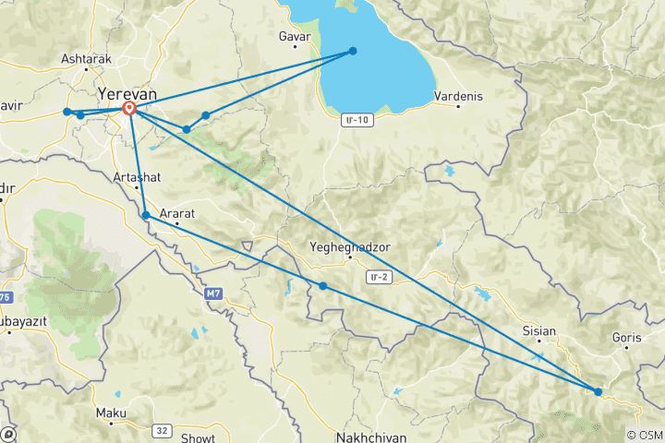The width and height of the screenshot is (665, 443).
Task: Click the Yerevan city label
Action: click(x=127, y=94)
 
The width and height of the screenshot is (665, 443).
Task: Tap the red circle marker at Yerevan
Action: click(x=130, y=109)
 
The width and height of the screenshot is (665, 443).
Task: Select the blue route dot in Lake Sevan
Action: click(x=353, y=51)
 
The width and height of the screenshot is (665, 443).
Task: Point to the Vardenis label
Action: click(x=459, y=96)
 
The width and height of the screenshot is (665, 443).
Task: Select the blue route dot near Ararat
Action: click(x=146, y=215)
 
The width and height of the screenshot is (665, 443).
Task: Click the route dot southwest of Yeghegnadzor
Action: click(x=322, y=286)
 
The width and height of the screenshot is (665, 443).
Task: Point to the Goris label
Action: click(x=625, y=337)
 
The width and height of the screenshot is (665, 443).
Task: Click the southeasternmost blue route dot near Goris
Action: click(x=598, y=392)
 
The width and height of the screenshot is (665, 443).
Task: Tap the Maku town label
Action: click(x=111, y=413)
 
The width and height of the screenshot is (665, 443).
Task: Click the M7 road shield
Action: click(x=214, y=293)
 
